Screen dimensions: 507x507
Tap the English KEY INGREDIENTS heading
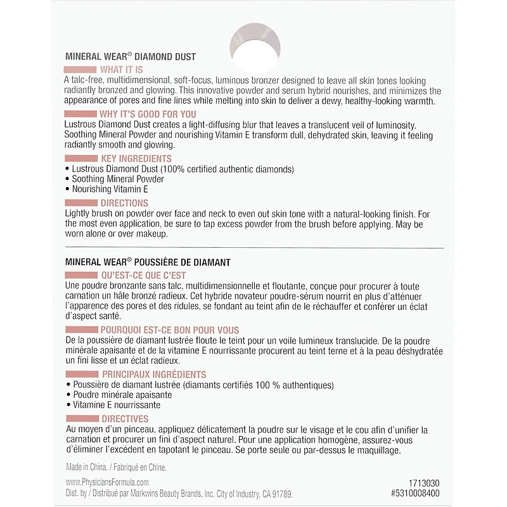point(136,158)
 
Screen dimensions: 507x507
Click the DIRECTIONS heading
point(124,203)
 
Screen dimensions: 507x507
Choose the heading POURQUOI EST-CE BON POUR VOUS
point(170,330)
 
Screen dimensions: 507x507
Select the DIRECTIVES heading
point(125,419)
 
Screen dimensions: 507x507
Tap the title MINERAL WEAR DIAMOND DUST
point(131,56)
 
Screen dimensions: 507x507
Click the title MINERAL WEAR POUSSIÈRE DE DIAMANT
point(147,261)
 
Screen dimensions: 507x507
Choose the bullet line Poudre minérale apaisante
point(122,395)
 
